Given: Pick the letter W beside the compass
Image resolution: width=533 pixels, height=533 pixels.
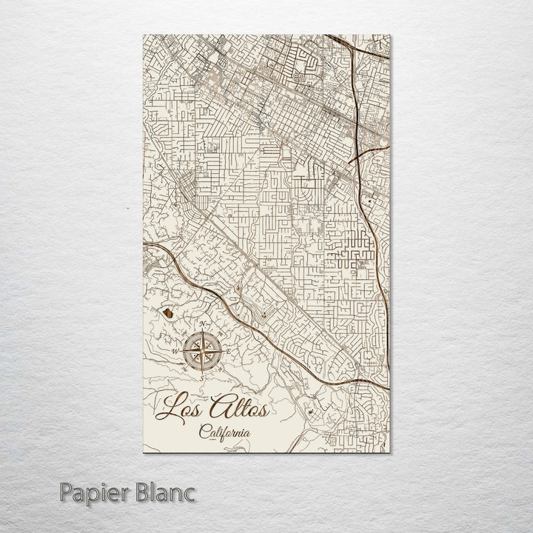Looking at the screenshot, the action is pos(174,351).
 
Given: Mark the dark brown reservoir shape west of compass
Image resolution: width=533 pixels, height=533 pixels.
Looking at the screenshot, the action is pos(170,315).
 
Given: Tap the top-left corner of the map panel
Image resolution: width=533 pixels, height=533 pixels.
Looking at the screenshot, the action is pos(143,34).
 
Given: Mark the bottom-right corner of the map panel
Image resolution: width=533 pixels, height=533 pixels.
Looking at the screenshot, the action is pos(390,452).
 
